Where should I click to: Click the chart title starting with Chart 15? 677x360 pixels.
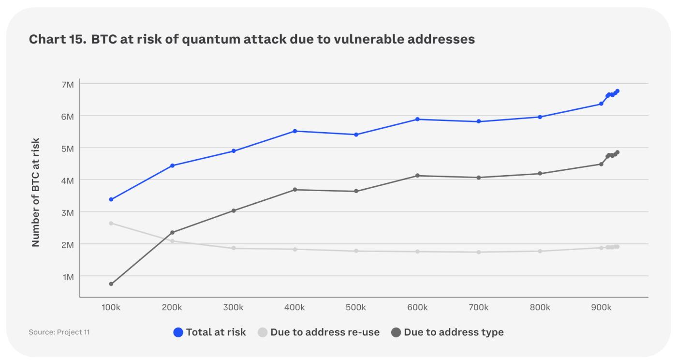click(x=252, y=40)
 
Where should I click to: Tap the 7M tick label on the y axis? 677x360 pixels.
click(x=67, y=84)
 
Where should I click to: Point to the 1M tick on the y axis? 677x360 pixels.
click(x=67, y=277)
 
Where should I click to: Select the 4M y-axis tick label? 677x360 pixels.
click(x=67, y=180)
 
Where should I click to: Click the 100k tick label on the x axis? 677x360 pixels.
click(x=111, y=308)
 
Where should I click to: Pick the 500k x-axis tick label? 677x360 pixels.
click(x=356, y=308)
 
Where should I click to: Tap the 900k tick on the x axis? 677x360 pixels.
click(x=601, y=308)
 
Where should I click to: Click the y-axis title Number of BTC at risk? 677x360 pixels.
click(x=35, y=192)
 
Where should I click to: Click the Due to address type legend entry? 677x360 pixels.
click(x=447, y=332)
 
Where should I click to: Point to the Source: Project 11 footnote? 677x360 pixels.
click(x=59, y=332)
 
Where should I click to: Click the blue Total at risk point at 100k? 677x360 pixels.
click(x=111, y=199)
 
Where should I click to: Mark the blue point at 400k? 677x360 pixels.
click(x=295, y=131)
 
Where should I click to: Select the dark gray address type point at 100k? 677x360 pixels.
click(x=111, y=284)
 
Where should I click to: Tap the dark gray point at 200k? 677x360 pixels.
click(x=172, y=232)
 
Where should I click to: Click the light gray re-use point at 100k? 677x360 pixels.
click(x=111, y=223)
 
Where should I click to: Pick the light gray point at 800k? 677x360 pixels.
click(x=540, y=251)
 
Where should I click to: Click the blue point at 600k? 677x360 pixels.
click(x=417, y=119)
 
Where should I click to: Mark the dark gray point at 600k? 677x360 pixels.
click(x=417, y=176)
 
